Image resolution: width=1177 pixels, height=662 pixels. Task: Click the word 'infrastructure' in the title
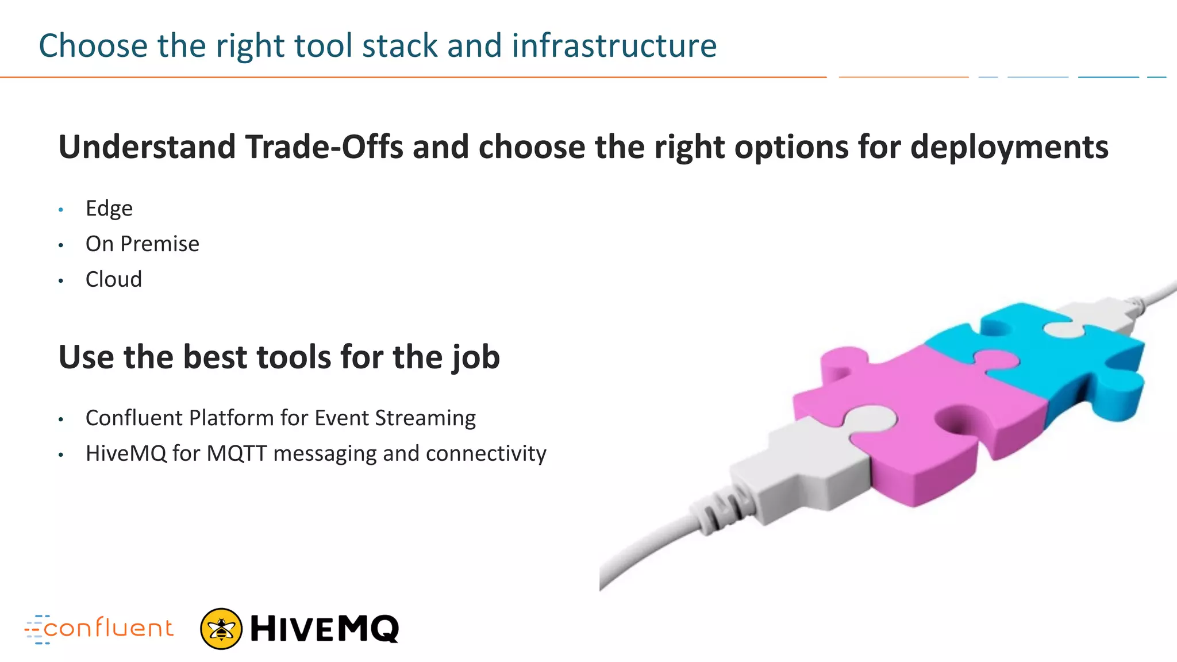(x=614, y=46)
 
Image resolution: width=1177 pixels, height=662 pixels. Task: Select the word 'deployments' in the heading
(x=1009, y=147)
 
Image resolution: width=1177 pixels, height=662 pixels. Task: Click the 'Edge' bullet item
(x=109, y=209)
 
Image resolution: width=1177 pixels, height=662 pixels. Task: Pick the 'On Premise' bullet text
(x=142, y=244)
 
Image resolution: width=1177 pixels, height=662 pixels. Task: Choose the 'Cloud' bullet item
(x=113, y=280)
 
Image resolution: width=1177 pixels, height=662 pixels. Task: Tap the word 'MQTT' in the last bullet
(x=237, y=454)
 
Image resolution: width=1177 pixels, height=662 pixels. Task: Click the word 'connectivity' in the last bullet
(x=486, y=454)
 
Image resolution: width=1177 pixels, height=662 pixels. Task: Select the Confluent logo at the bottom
(x=99, y=629)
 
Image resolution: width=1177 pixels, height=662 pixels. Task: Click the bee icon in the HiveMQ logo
(x=221, y=629)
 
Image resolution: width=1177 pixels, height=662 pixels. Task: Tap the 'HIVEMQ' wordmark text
(x=324, y=629)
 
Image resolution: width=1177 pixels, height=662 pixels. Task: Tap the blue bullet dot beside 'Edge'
(x=61, y=210)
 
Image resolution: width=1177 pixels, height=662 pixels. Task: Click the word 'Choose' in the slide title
(x=93, y=46)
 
